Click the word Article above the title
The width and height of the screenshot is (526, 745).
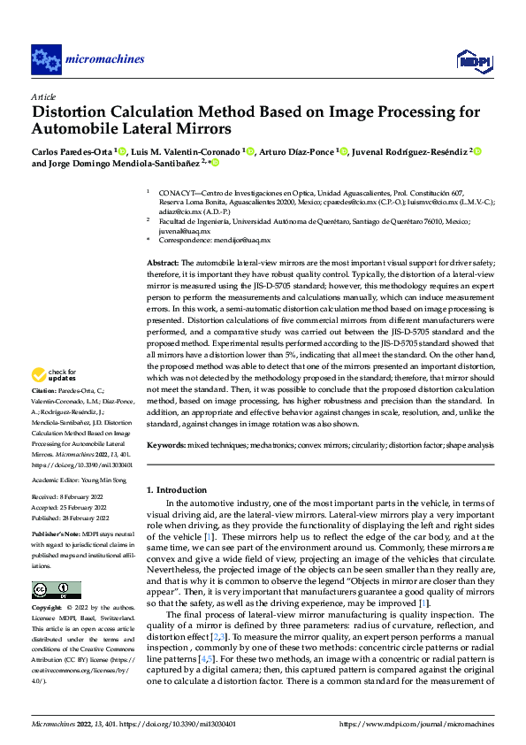[x=43, y=96]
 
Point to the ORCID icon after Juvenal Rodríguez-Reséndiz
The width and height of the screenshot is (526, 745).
[x=477, y=151]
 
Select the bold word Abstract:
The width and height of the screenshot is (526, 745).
[x=163, y=263]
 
